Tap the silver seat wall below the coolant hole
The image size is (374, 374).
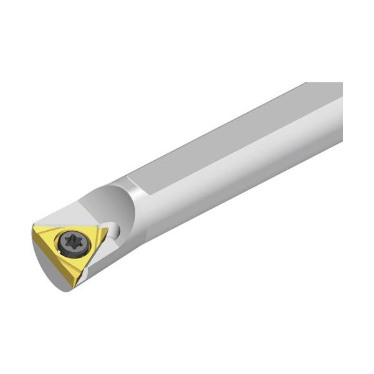(x=115, y=246)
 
